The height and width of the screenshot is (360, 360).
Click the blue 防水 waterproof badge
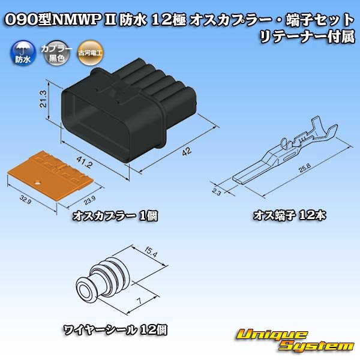point(20,54)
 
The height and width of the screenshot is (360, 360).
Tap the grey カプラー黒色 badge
point(52,54)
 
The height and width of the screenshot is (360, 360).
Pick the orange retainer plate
point(46,176)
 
